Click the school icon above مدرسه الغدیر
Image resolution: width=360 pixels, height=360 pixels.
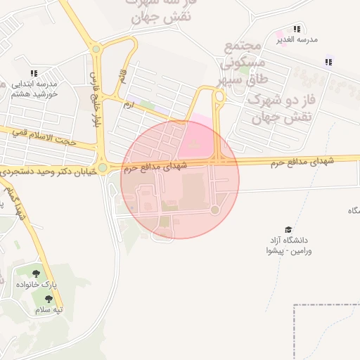point(297,29)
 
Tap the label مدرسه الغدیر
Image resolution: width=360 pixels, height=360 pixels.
point(297,40)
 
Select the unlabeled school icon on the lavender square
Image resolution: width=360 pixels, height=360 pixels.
point(328,62)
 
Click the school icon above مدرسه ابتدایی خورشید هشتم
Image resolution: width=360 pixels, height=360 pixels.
point(34,72)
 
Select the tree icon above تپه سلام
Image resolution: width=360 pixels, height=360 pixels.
point(47,299)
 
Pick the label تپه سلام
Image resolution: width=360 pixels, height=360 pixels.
point(49,310)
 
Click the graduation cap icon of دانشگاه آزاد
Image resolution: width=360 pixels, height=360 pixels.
point(288,229)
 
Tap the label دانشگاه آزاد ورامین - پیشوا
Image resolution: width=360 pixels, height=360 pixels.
point(289,245)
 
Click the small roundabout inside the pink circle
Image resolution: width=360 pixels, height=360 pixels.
point(215,210)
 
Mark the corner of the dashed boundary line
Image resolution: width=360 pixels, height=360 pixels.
point(294,306)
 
